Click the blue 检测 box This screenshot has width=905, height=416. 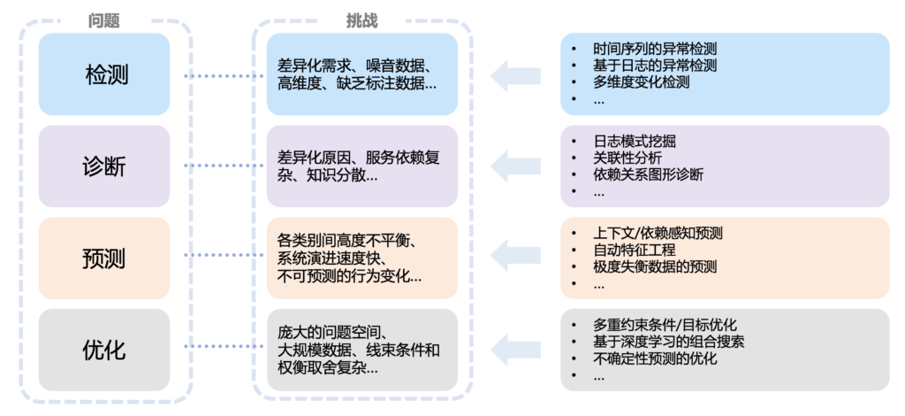105,74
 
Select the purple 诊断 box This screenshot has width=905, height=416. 105,166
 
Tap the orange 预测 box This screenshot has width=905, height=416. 105,258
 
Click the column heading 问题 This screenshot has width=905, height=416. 104,20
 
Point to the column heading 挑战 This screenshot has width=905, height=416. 361,20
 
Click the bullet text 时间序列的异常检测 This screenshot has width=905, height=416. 655,48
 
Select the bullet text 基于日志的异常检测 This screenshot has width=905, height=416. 655,65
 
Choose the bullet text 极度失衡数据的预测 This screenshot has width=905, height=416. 655,267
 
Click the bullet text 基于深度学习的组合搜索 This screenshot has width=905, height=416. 668,342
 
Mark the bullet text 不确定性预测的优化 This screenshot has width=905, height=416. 655,359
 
